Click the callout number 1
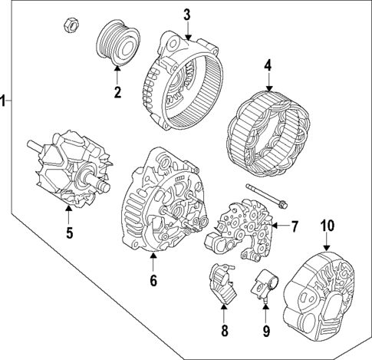(x=5, y=100)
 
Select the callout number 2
(x=117, y=94)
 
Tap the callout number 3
(x=186, y=15)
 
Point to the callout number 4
(x=268, y=67)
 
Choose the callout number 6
(x=153, y=281)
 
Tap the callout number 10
(x=328, y=226)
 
